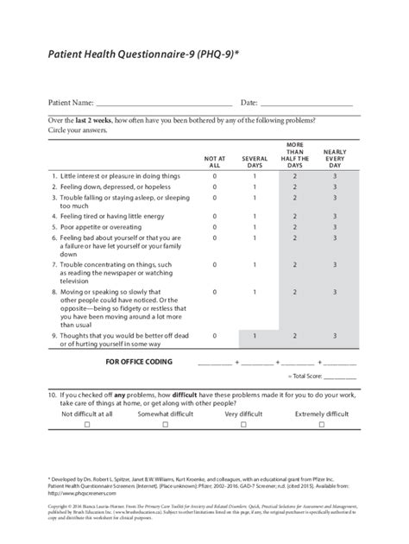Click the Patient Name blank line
(164, 104)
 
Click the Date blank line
(309, 104)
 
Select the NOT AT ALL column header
(215, 161)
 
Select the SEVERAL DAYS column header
(255, 161)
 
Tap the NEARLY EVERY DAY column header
(335, 158)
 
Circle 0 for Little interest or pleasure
(215, 175)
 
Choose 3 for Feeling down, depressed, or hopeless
(335, 187)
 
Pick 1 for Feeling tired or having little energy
(255, 216)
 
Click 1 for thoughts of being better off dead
(255, 335)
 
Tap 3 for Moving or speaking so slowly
(335, 292)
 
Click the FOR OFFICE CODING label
(139, 361)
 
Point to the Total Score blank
(339, 376)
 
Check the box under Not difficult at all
(86, 425)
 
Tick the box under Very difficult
(243, 425)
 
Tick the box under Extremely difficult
(322, 425)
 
